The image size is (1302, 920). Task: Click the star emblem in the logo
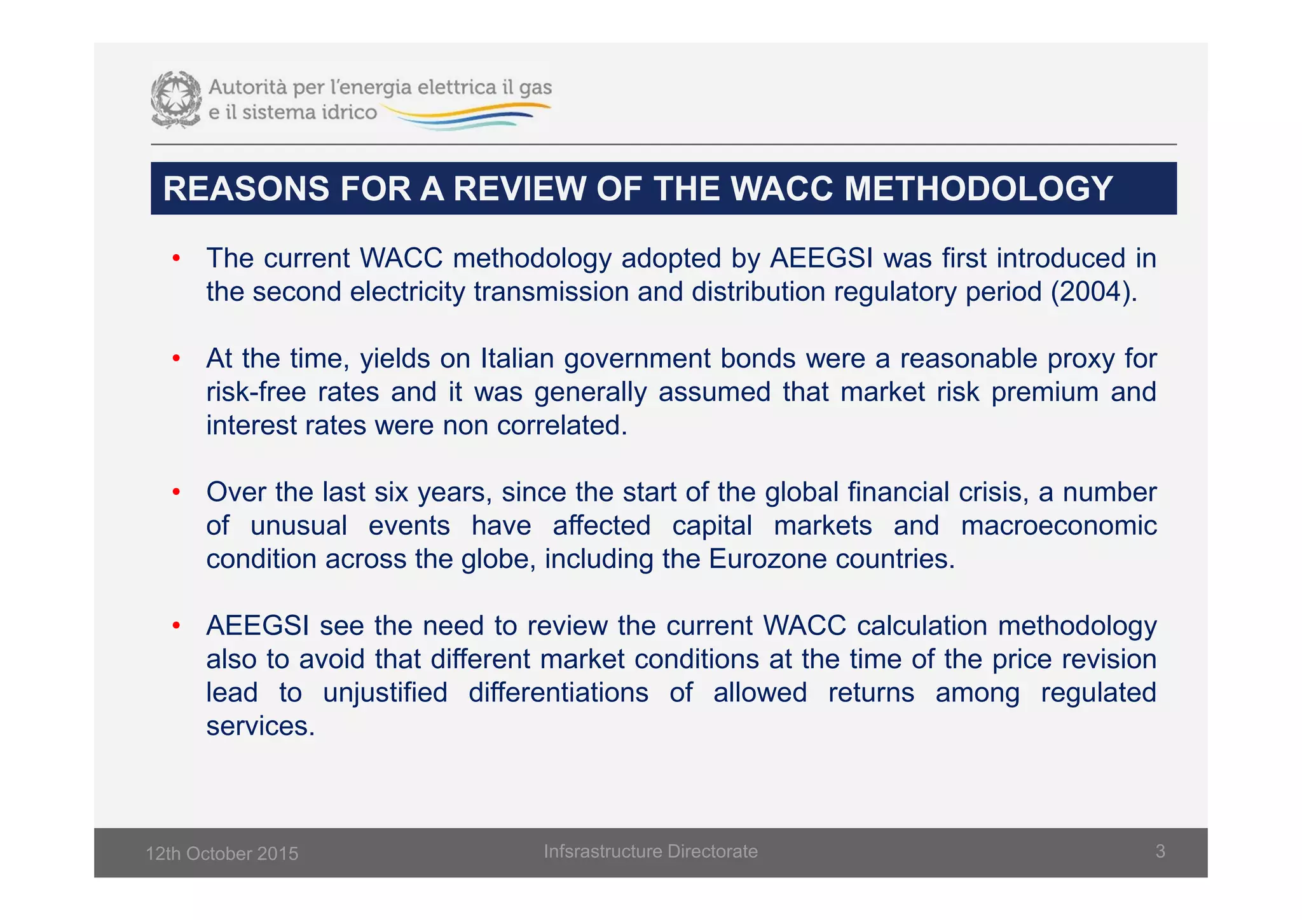pos(175,99)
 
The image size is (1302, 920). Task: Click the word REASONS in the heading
pos(246,189)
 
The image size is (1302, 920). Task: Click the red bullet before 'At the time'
pos(176,359)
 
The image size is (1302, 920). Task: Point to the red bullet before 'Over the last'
pos(176,492)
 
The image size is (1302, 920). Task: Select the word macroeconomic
pos(1059,526)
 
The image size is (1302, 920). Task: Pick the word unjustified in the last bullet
pos(385,692)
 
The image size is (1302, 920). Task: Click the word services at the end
pos(260,726)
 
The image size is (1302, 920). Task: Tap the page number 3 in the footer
pos(1160,851)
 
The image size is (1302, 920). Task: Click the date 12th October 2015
pos(222,853)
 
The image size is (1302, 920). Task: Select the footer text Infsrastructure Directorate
pos(650,851)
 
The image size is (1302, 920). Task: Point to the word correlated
pos(561,425)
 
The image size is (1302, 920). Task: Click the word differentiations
pos(558,692)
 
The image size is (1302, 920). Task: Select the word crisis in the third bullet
pos(994,492)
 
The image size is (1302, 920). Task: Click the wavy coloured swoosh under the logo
pos(467,118)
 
